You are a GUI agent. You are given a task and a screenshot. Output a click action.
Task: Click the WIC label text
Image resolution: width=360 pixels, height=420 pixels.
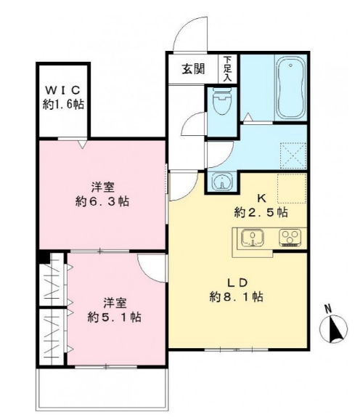pyautogui.click(x=63, y=90)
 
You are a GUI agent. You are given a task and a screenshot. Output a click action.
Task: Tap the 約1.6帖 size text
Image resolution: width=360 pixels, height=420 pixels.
pyautogui.click(x=63, y=105)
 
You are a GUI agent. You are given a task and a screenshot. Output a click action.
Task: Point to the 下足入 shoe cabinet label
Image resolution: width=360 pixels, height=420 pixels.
pyautogui.click(x=228, y=68)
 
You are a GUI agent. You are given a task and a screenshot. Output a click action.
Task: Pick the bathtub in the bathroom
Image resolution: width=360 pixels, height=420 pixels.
pyautogui.click(x=290, y=88)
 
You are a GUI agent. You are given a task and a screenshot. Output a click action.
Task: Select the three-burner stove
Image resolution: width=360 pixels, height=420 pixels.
pyautogui.click(x=290, y=238)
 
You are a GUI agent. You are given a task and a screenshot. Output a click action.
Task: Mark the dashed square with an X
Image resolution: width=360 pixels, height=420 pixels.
pyautogui.click(x=292, y=155)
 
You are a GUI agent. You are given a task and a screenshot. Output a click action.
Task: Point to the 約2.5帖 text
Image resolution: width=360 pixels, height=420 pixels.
pyautogui.click(x=261, y=213)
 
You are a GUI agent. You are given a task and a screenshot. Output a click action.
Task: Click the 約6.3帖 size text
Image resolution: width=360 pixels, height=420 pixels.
pyautogui.click(x=102, y=201)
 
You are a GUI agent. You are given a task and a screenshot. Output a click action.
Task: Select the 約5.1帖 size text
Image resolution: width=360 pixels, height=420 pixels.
pyautogui.click(x=114, y=317)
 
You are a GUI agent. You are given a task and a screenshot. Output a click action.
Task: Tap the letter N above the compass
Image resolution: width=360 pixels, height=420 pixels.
pyautogui.click(x=329, y=308)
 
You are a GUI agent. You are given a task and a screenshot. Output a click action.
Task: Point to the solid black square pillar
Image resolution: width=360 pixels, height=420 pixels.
pyautogui.click(x=44, y=257)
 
